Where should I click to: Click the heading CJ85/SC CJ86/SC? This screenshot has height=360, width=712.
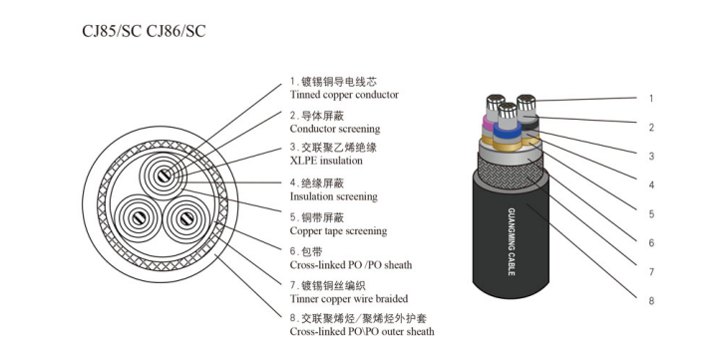pos(144,31)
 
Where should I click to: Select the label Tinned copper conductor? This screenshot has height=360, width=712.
pos(344,95)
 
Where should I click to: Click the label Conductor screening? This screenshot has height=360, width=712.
pos(335,129)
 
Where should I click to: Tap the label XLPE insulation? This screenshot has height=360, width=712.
pos(326,161)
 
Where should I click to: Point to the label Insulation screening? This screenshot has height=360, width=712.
pos(334,196)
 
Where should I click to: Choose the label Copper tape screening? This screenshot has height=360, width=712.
pos(338,231)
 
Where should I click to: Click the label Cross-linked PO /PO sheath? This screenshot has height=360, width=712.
pos(351,264)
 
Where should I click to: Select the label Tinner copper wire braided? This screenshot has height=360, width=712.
pos(349,299)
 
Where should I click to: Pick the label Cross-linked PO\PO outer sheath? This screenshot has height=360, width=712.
pos(362,331)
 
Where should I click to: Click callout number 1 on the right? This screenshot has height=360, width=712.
pos(651,99)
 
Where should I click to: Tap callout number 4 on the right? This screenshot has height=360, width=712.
pos(651,184)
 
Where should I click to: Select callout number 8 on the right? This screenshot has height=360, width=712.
pos(651,300)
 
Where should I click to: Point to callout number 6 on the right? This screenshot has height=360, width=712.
pos(651,243)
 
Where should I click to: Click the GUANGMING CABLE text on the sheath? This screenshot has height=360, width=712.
pos(511,241)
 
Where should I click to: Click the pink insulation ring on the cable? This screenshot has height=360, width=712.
pos(489,122)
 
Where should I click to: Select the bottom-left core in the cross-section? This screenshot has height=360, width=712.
pos(138,218)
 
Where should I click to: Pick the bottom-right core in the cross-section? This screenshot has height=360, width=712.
pos(186,219)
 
